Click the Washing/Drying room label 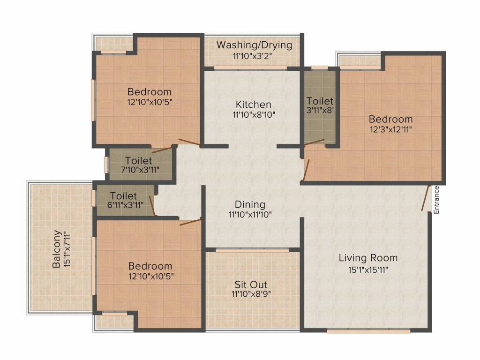(x=254, y=45)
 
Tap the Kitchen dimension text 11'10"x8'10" (x=254, y=114)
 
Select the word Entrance (x=436, y=200)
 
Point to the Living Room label (x=368, y=258)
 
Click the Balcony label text (x=56, y=249)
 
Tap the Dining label (x=250, y=204)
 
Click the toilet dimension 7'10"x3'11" (x=139, y=170)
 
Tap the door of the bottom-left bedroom (x=190, y=222)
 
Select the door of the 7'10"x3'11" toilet (x=162, y=150)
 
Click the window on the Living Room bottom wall (x=368, y=331)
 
